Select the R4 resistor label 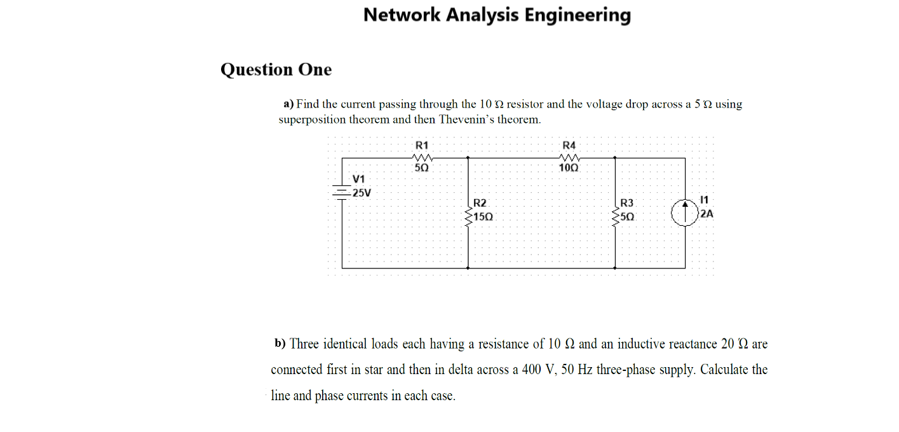coord(569,145)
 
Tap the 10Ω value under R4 coord(569,169)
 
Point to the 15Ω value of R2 coord(483,217)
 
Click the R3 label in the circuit coord(626,203)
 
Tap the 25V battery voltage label coord(362,193)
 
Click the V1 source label coord(359,179)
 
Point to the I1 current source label coord(703,200)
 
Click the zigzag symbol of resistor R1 coord(422,158)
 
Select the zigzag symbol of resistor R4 coord(569,158)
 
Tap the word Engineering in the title coord(578,15)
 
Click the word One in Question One coord(315,69)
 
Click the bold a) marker coord(288,104)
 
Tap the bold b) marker coord(280,344)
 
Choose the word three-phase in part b coord(659,370)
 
